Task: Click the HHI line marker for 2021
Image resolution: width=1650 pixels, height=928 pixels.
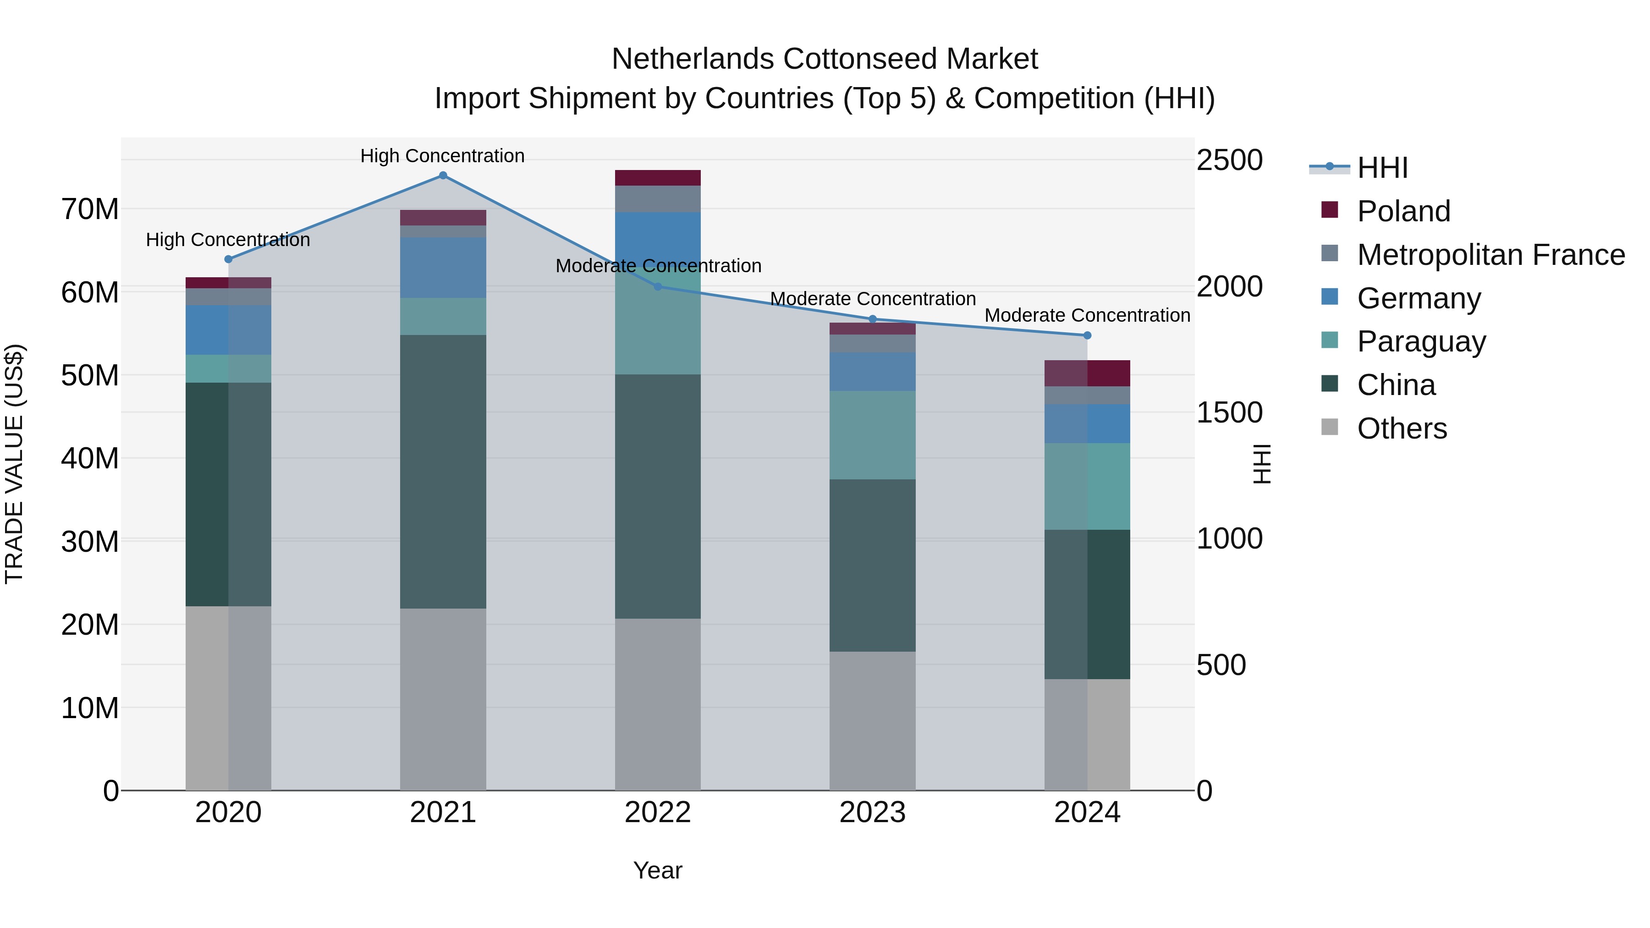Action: pyautogui.click(x=443, y=176)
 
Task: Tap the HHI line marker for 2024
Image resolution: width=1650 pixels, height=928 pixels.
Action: pyautogui.click(x=1087, y=335)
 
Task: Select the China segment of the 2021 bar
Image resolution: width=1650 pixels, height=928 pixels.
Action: pyautogui.click(x=443, y=472)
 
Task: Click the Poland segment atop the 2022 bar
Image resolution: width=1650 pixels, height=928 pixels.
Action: pyautogui.click(x=658, y=178)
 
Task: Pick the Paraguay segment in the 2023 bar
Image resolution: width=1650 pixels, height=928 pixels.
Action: pyautogui.click(x=872, y=435)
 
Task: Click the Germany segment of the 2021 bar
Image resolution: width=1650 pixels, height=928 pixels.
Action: pyautogui.click(x=443, y=268)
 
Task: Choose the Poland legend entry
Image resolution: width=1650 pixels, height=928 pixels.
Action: pyautogui.click(x=1403, y=211)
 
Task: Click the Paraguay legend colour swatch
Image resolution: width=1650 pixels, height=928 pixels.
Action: pyautogui.click(x=1330, y=340)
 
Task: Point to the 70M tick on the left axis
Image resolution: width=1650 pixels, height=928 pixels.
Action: pyautogui.click(x=90, y=209)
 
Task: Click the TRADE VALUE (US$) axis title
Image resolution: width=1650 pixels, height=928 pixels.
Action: pyautogui.click(x=15, y=464)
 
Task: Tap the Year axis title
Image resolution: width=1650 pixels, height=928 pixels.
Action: pyautogui.click(x=658, y=870)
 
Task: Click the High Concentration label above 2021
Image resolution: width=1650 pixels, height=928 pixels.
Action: pyautogui.click(x=443, y=156)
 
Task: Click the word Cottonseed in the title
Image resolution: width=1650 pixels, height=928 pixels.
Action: pyautogui.click(x=862, y=59)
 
